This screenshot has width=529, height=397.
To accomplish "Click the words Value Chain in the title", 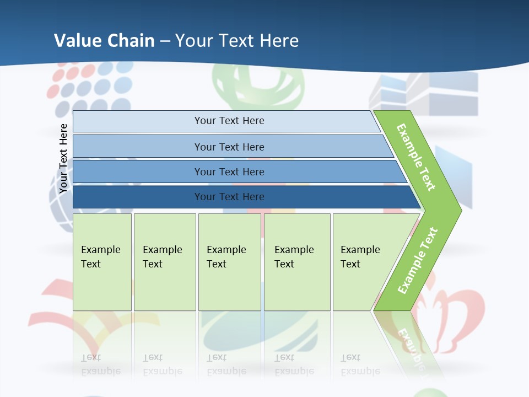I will coord(104,40).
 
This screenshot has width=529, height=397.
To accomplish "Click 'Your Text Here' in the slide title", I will coord(237,40).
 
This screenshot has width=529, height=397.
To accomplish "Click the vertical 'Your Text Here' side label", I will coord(63,159).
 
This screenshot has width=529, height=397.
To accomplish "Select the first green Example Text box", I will coord(102,262).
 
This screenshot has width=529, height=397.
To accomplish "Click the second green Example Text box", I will coord(164,262).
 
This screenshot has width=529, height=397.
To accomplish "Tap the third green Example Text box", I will coord(229,262).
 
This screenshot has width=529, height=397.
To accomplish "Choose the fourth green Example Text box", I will coord(296,262).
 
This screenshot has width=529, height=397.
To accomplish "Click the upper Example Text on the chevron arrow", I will coord(416,157).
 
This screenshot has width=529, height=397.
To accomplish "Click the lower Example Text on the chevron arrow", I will coord(418,260).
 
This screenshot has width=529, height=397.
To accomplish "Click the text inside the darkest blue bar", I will coord(229,197).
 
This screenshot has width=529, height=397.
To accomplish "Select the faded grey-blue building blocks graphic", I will coord(424,94).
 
